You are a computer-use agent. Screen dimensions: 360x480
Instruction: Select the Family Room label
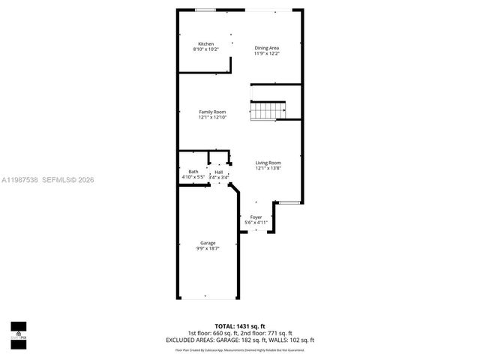coord(212,112)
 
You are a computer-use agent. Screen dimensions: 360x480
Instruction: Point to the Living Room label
coord(268,163)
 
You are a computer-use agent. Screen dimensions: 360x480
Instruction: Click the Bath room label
coord(193,172)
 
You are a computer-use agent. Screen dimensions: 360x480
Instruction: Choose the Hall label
coord(218,172)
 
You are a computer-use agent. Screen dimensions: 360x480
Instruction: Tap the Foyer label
coord(256,217)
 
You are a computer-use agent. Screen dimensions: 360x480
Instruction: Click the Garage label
coord(208,243)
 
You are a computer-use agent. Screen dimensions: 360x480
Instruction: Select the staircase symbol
coord(268,112)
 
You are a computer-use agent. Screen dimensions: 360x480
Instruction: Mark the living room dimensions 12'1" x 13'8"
coord(268,168)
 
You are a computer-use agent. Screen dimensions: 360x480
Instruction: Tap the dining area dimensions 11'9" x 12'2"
coord(266,54)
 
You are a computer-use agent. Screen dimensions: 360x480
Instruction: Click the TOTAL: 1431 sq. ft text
coord(239,326)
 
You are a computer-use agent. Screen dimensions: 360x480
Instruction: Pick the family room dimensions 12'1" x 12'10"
coord(212,117)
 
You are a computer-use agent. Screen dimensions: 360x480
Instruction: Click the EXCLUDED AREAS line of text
coord(239,340)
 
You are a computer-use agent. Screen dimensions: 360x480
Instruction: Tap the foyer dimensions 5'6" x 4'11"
coord(256,222)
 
